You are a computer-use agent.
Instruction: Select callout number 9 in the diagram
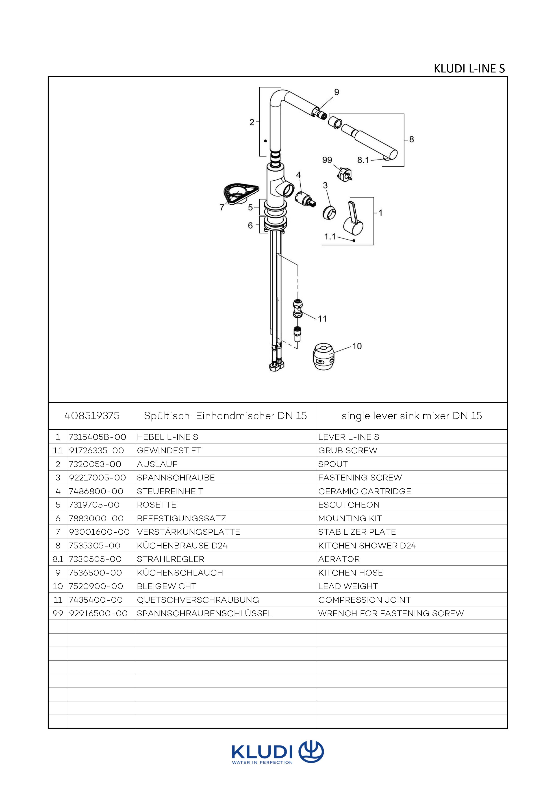point(337,92)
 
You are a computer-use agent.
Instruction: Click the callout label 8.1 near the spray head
point(363,160)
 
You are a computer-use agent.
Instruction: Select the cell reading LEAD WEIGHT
point(348,586)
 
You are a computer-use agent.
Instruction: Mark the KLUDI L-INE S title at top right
point(469,69)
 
